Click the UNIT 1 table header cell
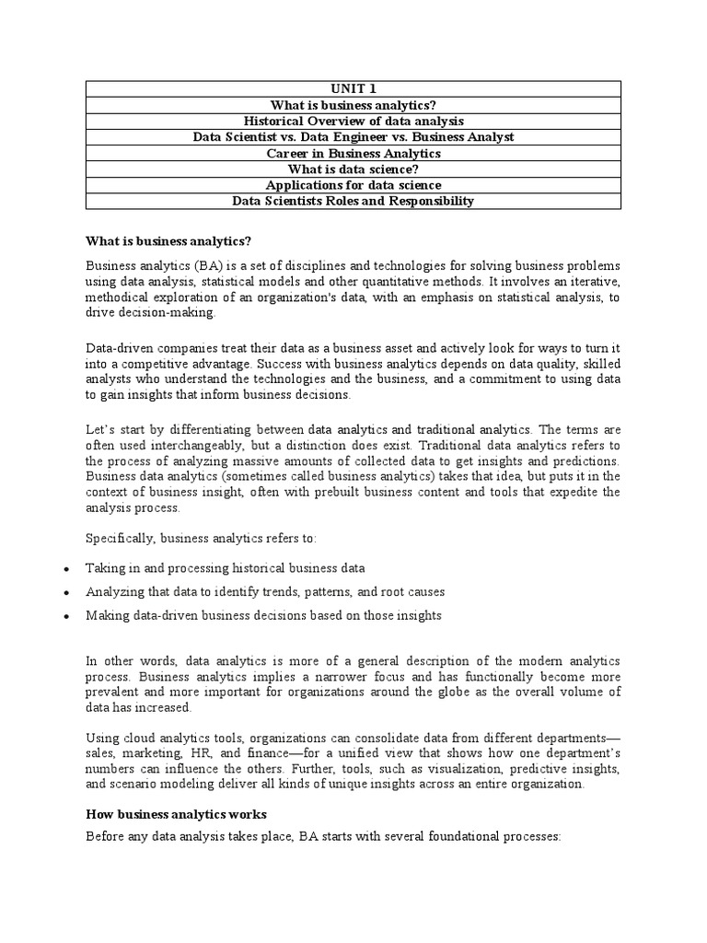353,89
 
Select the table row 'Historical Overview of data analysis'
353,121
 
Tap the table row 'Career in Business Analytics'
353,153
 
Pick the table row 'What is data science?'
353,169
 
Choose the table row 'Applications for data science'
353,185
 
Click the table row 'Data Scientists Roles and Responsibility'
353,201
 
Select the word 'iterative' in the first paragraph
594,281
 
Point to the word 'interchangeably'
172,445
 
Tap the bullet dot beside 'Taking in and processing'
65,569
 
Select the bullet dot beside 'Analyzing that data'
65,592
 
